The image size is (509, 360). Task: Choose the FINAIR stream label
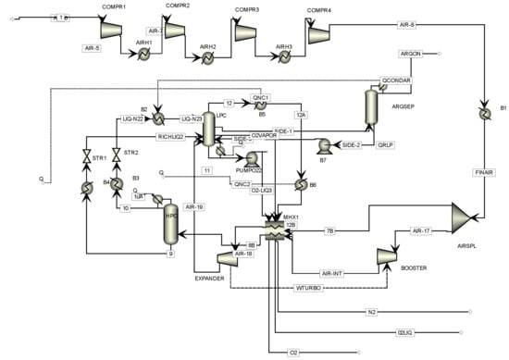[479, 171]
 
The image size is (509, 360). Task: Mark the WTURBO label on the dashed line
[309, 288]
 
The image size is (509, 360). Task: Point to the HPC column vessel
[170, 224]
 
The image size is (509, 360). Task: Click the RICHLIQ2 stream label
[173, 137]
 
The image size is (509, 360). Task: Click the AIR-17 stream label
[421, 230]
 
